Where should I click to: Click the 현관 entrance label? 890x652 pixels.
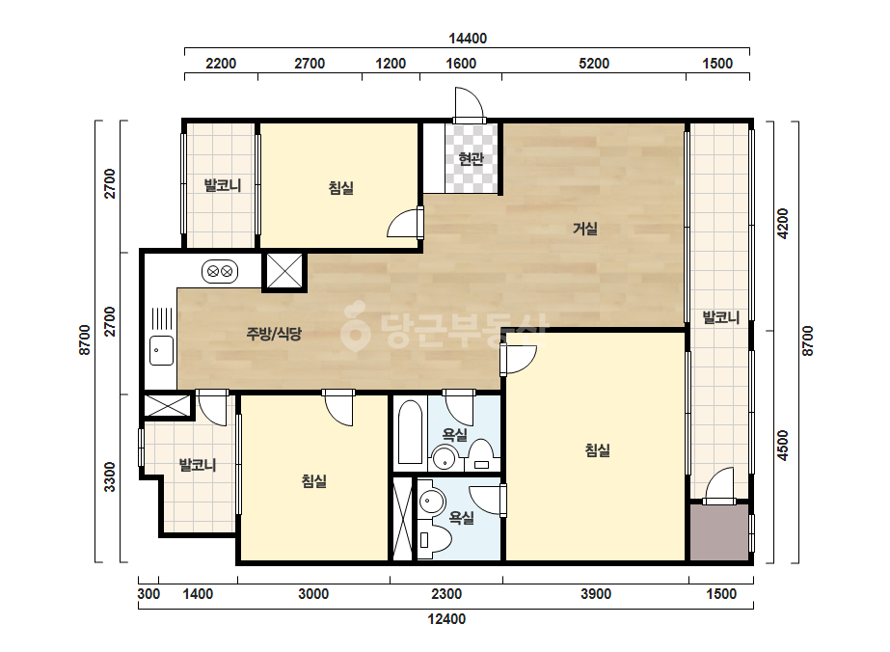click(x=471, y=158)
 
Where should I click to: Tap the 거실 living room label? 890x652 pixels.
click(x=584, y=229)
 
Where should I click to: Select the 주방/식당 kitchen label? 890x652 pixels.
click(x=274, y=334)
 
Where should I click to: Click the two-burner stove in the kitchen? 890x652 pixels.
click(x=220, y=271)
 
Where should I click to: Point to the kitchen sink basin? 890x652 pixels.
click(x=162, y=350)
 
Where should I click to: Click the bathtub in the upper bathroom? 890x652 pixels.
click(x=410, y=433)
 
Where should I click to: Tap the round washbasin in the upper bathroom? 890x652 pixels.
click(x=445, y=458)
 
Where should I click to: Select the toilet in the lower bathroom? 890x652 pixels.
click(x=434, y=539)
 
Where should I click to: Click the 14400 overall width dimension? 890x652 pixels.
click(x=468, y=38)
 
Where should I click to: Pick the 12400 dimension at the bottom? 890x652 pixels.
click(x=446, y=619)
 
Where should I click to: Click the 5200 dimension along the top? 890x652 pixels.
click(x=594, y=63)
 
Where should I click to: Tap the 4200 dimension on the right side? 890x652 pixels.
click(x=783, y=224)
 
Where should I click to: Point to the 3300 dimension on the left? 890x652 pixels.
click(x=110, y=477)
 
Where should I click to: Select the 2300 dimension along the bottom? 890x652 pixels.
click(x=446, y=594)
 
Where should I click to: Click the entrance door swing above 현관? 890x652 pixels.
click(x=469, y=103)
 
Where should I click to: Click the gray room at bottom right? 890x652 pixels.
click(x=719, y=532)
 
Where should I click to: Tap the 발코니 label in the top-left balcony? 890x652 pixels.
click(x=223, y=185)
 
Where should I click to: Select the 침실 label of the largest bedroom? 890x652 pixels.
click(x=597, y=450)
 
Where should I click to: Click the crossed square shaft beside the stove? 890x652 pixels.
click(x=284, y=271)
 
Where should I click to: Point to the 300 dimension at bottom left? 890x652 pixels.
click(x=148, y=594)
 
